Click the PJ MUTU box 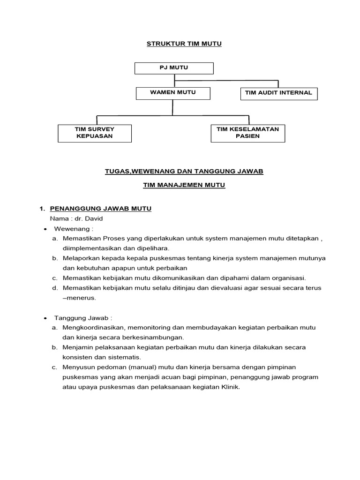[x=174, y=68]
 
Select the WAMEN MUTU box [x=173, y=93]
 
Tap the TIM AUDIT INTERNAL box [x=278, y=93]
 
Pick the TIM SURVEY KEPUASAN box [x=95, y=133]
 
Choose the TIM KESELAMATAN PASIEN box [x=247, y=133]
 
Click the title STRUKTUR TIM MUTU [x=184, y=44]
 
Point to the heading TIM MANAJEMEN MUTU [x=184, y=186]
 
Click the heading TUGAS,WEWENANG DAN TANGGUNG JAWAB [x=184, y=172]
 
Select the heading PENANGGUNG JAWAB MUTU [x=100, y=209]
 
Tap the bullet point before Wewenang [x=45, y=229]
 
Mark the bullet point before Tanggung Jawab [x=45, y=318]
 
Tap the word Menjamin [x=76, y=347]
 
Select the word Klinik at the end [x=230, y=387]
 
